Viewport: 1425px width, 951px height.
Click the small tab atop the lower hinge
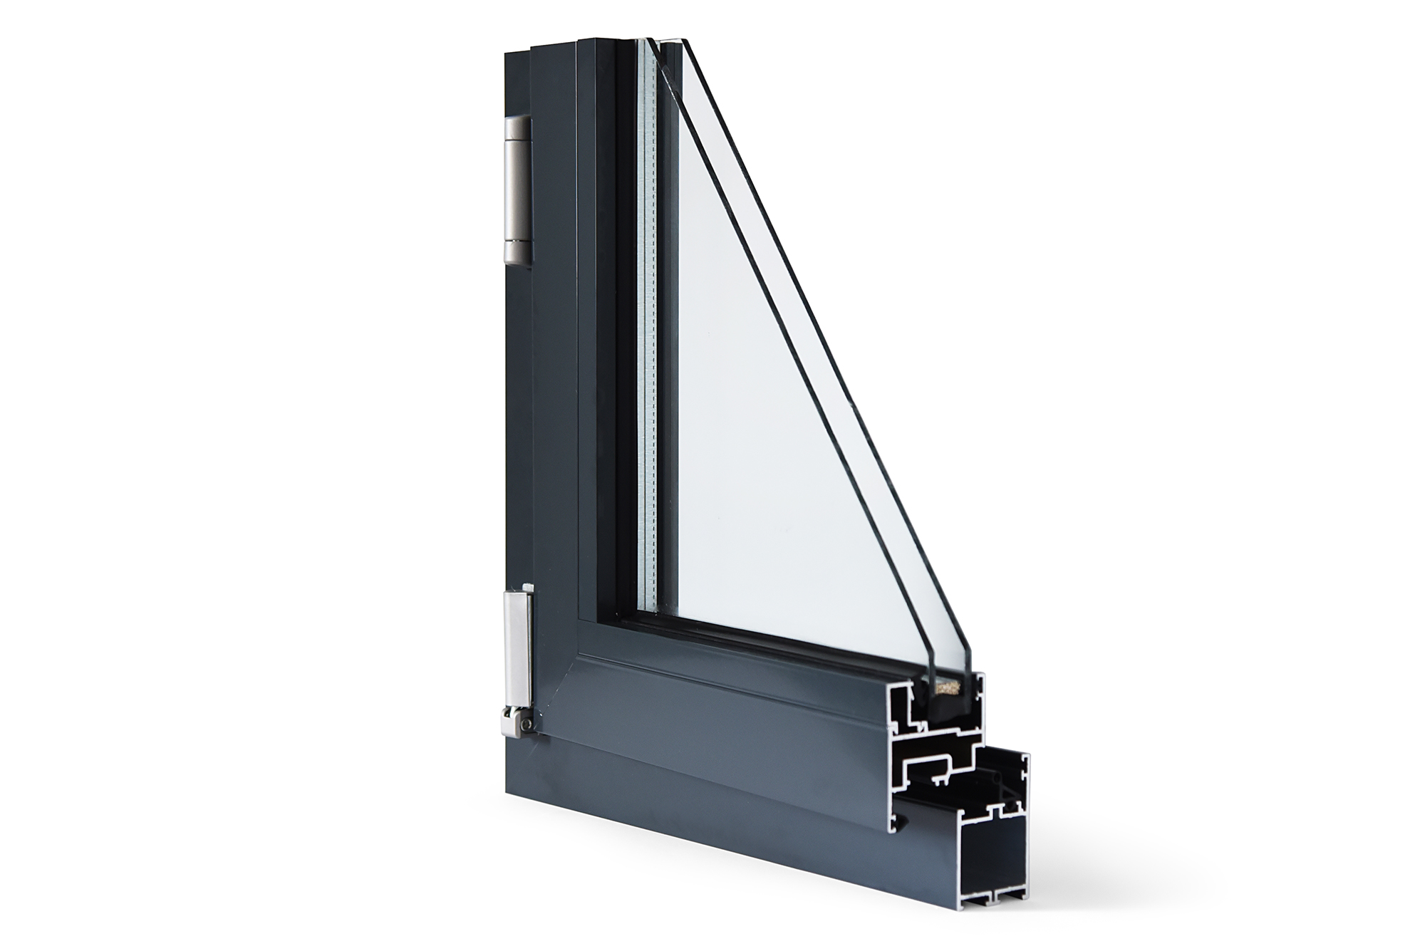(527, 586)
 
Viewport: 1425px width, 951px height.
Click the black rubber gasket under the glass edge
(944, 708)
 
